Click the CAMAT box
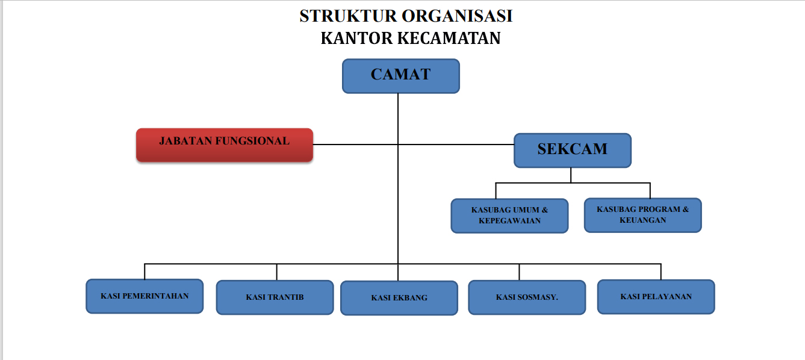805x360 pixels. click(x=401, y=76)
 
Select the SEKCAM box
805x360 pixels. click(x=573, y=151)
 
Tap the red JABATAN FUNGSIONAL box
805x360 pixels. click(x=225, y=145)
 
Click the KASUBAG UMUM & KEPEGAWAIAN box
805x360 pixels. click(x=509, y=216)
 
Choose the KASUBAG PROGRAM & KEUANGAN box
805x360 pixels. click(x=643, y=215)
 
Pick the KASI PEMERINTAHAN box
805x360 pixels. click(x=145, y=296)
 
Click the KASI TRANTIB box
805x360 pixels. click(x=275, y=297)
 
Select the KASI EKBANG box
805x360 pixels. click(x=399, y=298)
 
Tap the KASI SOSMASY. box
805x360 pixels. click(x=527, y=297)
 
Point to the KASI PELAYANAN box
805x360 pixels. click(x=656, y=297)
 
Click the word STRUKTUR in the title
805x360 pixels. click(x=348, y=16)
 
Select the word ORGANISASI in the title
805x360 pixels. click(x=457, y=16)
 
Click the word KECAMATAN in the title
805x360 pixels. click(x=449, y=39)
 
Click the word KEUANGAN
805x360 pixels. click(x=643, y=220)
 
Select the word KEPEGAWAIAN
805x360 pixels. click(x=509, y=221)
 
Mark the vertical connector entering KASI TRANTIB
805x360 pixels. click(x=277, y=272)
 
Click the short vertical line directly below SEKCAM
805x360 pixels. click(x=571, y=175)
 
